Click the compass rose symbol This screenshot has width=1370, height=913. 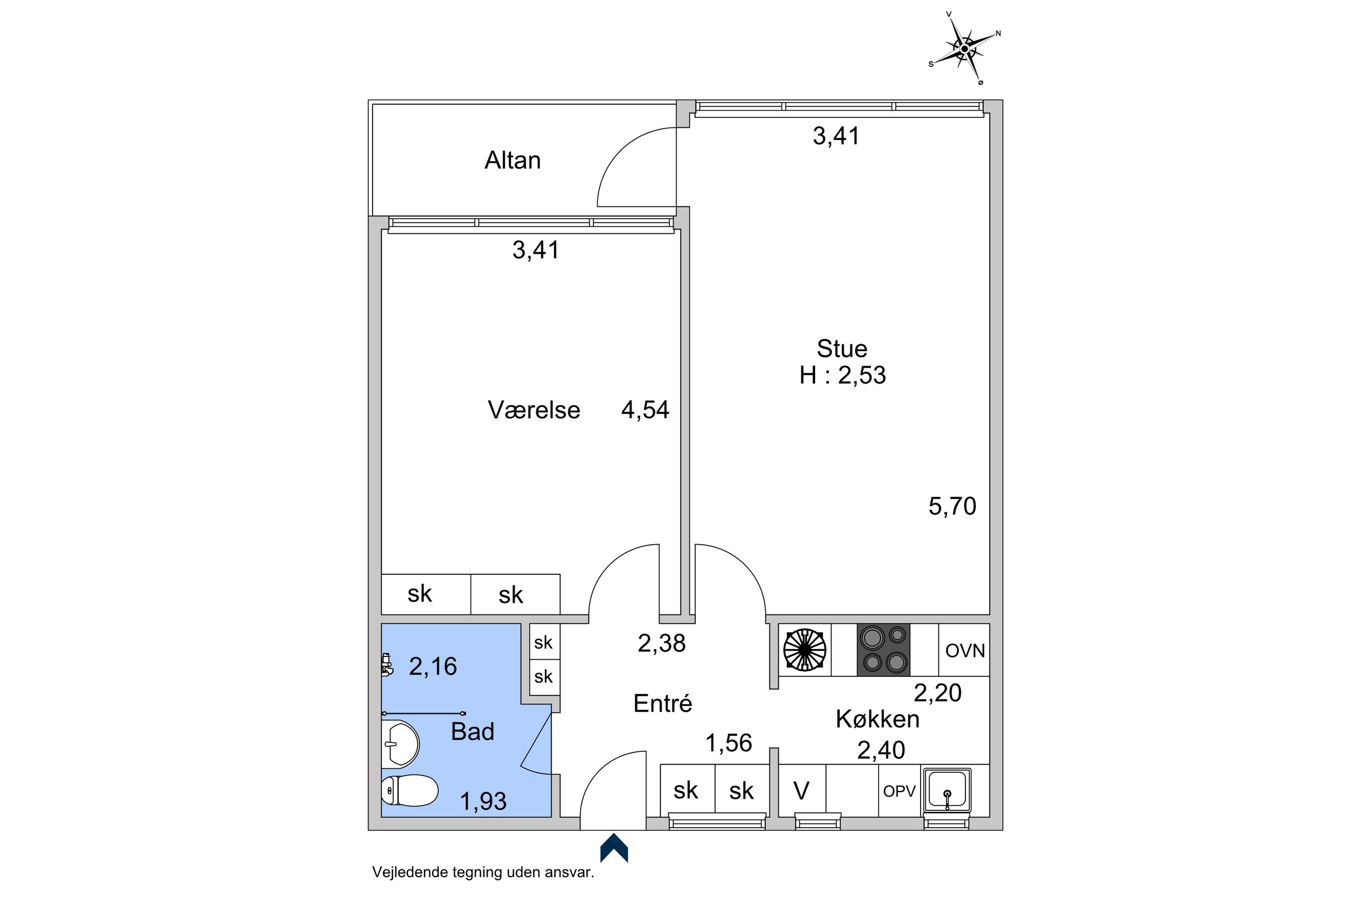coord(964,49)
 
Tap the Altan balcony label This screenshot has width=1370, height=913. coord(512,160)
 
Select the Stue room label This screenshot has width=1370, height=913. coord(842,349)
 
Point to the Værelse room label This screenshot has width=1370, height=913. coord(534,410)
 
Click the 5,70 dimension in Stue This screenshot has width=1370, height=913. coord(952,506)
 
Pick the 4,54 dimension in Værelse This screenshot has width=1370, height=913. coord(645,410)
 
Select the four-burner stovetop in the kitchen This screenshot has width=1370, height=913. coord(883,650)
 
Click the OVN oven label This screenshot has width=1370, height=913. coord(965,651)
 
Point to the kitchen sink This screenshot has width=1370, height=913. coord(947,790)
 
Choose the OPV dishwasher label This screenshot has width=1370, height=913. coord(899,791)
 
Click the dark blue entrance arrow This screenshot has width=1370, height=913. coord(614,848)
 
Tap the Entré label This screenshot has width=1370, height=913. coord(662,703)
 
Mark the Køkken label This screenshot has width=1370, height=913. coord(877,719)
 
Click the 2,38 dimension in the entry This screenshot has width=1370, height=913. coord(661,643)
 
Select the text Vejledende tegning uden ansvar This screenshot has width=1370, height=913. coord(483,872)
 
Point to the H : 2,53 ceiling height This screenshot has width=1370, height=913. coord(843,375)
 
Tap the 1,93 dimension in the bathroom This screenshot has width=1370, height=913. coord(483,801)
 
